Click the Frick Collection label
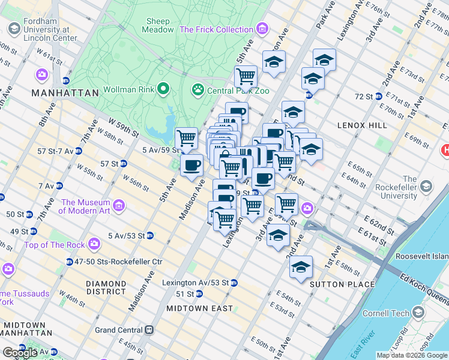[216, 29]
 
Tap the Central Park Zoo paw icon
[197, 90]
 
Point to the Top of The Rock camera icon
[94, 244]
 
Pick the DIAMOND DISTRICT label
[106, 287]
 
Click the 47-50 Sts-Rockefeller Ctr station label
[119, 262]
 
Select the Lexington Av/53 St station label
[196, 283]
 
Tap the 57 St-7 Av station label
[50, 151]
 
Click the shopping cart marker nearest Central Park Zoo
[246, 77]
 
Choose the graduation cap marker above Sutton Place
[301, 267]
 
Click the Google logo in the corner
[20, 353]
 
